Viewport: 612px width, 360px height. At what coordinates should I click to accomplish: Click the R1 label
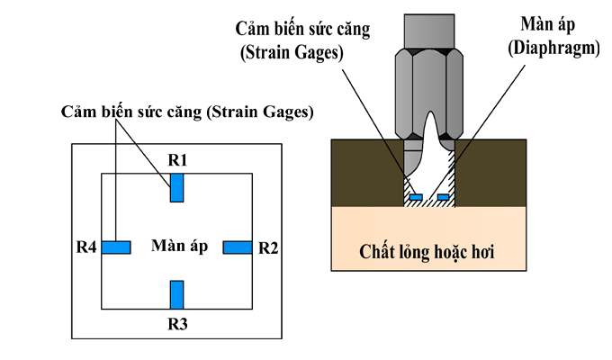click(x=176, y=160)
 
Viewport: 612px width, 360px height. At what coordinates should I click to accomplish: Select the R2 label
click(x=268, y=247)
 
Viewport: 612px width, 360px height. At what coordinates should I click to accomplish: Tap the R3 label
click(x=176, y=321)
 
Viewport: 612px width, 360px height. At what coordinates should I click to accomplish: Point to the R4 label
click(x=86, y=247)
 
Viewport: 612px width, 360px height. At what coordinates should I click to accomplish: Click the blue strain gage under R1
click(x=176, y=187)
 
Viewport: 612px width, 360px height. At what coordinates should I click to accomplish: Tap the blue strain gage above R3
click(x=176, y=294)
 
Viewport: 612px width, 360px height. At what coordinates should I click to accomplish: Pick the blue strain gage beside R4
click(x=116, y=247)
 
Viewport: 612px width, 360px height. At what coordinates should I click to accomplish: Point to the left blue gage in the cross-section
click(x=415, y=196)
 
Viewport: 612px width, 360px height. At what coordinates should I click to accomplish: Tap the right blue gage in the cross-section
click(x=442, y=196)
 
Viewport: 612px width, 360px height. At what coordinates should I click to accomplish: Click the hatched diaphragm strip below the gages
click(x=428, y=204)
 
